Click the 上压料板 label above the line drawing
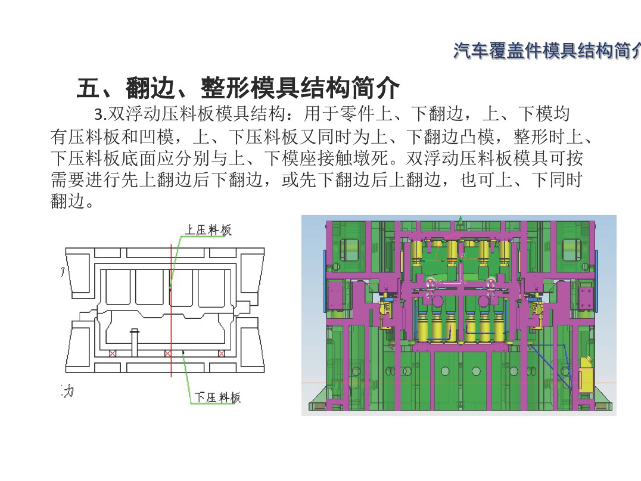tap(208, 230)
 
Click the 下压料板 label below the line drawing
tap(217, 397)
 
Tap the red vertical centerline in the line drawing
tap(171, 309)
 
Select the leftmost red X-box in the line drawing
tap(113, 353)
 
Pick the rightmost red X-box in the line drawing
tap(222, 353)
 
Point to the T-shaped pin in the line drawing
tap(135, 339)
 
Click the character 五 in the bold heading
tap(89, 88)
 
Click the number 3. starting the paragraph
tap(100, 114)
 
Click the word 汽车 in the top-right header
tap(471, 51)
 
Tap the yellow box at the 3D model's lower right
tap(587, 374)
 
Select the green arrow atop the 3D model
tap(460, 222)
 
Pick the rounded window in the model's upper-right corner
tap(572, 250)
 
